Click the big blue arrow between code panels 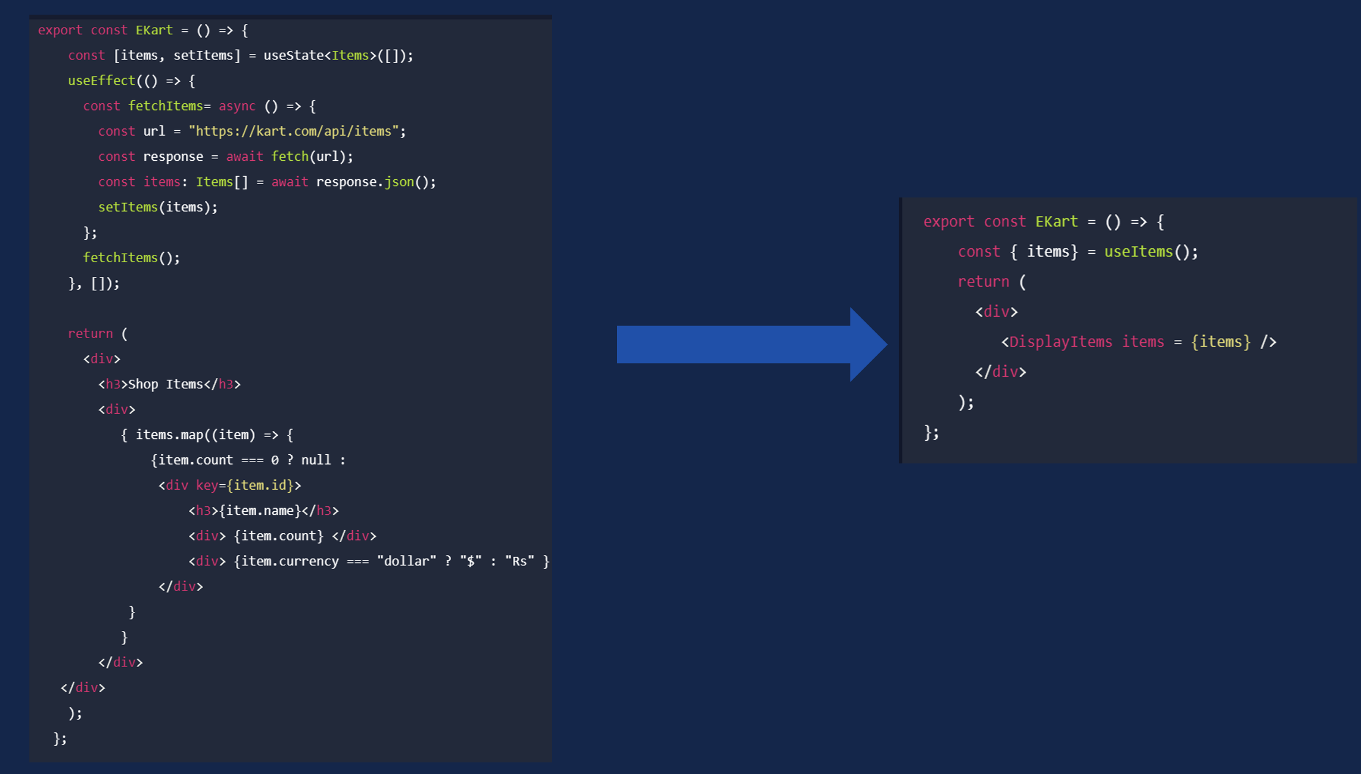752,344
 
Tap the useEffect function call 101,81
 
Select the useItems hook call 1138,251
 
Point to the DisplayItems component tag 1060,342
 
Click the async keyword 237,106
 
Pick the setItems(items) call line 158,207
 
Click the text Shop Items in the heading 165,384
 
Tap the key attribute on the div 207,485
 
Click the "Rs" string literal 520,561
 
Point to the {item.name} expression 260,510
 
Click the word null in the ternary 315,460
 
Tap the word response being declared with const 173,157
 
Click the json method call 399,182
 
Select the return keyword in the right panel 983,282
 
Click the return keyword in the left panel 90,334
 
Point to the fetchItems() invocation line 131,258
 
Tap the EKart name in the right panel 1057,221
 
